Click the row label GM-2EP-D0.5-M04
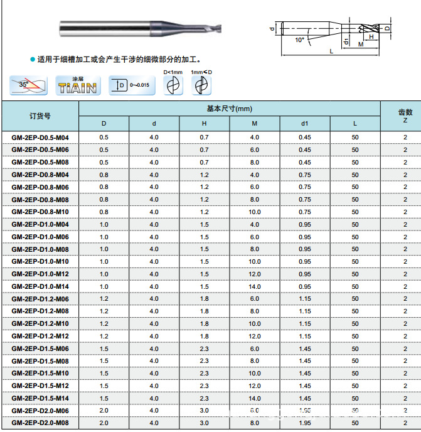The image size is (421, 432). point(40,137)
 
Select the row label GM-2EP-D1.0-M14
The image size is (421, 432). point(40,286)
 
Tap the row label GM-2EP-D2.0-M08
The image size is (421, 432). point(40,423)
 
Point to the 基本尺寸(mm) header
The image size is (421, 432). point(229,109)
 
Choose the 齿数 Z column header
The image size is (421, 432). point(405,116)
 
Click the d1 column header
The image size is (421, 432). point(305,124)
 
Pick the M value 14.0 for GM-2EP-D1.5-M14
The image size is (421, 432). point(254,398)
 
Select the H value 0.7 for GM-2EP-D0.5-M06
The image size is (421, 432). point(205,149)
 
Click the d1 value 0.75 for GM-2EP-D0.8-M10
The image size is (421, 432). point(305,212)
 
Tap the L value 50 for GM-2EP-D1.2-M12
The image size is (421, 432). point(355,336)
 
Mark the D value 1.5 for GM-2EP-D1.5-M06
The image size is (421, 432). point(104,348)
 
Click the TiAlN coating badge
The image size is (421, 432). point(77,85)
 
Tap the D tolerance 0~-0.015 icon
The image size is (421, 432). point(130,85)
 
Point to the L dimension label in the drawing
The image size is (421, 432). point(331,51)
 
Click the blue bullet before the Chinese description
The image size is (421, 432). point(33,60)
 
